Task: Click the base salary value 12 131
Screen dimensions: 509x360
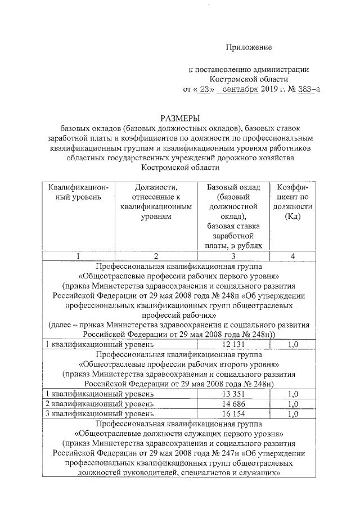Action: [x=234, y=344]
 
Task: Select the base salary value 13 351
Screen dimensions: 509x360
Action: [x=234, y=394]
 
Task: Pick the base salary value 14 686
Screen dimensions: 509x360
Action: [x=234, y=404]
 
